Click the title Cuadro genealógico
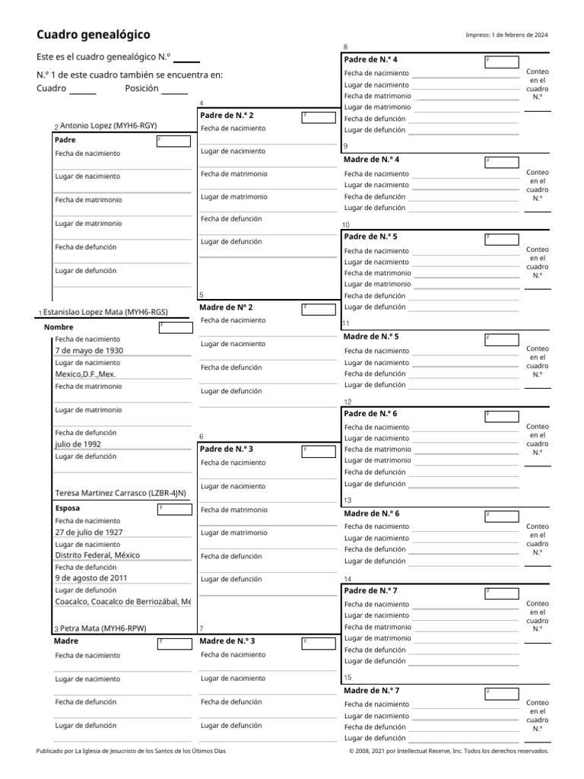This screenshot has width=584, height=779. (x=94, y=35)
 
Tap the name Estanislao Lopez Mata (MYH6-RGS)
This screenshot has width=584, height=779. (x=105, y=312)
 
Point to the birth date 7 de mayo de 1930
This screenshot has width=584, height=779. (x=89, y=351)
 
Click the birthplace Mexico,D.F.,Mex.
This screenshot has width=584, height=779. (x=85, y=374)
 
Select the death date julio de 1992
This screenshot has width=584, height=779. (x=78, y=444)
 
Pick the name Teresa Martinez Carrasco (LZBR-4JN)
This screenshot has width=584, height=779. (x=120, y=493)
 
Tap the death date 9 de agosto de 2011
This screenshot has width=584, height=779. (x=91, y=578)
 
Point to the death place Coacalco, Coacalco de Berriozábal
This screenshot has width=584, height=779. (x=122, y=602)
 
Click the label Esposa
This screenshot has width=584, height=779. (x=68, y=507)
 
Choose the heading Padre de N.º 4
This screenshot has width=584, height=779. (x=370, y=59)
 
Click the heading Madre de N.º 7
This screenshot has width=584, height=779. (x=371, y=691)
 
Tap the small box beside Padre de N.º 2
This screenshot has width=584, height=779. (x=318, y=116)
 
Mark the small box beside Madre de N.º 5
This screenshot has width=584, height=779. (x=502, y=338)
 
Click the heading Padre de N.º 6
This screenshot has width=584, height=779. (x=370, y=414)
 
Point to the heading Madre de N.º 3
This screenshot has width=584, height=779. (x=227, y=641)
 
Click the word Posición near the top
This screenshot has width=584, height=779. (x=141, y=89)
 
